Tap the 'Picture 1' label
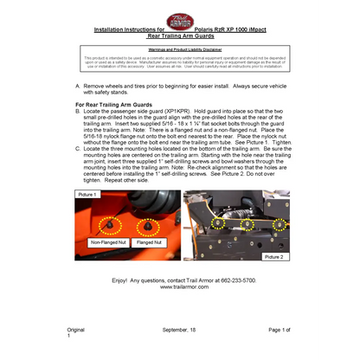click(86, 196)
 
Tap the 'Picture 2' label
click(273, 257)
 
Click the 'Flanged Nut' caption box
click(150, 244)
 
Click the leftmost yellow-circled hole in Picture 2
click(218, 223)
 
